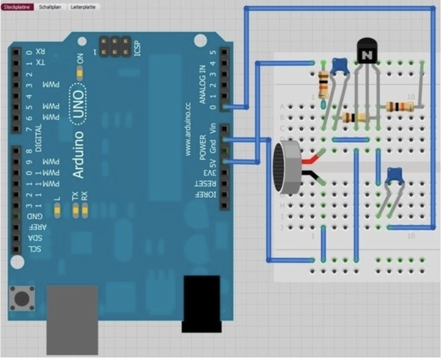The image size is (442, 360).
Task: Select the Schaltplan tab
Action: coord(50,7)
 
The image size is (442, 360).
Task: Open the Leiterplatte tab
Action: coord(83,7)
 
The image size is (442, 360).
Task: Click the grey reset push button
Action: coord(22,298)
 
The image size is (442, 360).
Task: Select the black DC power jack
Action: coord(201,302)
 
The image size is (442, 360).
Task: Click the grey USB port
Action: coord(72,319)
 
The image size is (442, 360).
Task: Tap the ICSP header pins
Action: coord(115,46)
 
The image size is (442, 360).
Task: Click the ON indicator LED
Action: coord(80,72)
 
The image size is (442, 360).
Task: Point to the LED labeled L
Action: coord(57,210)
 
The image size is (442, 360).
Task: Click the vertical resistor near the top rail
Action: coord(323,85)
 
